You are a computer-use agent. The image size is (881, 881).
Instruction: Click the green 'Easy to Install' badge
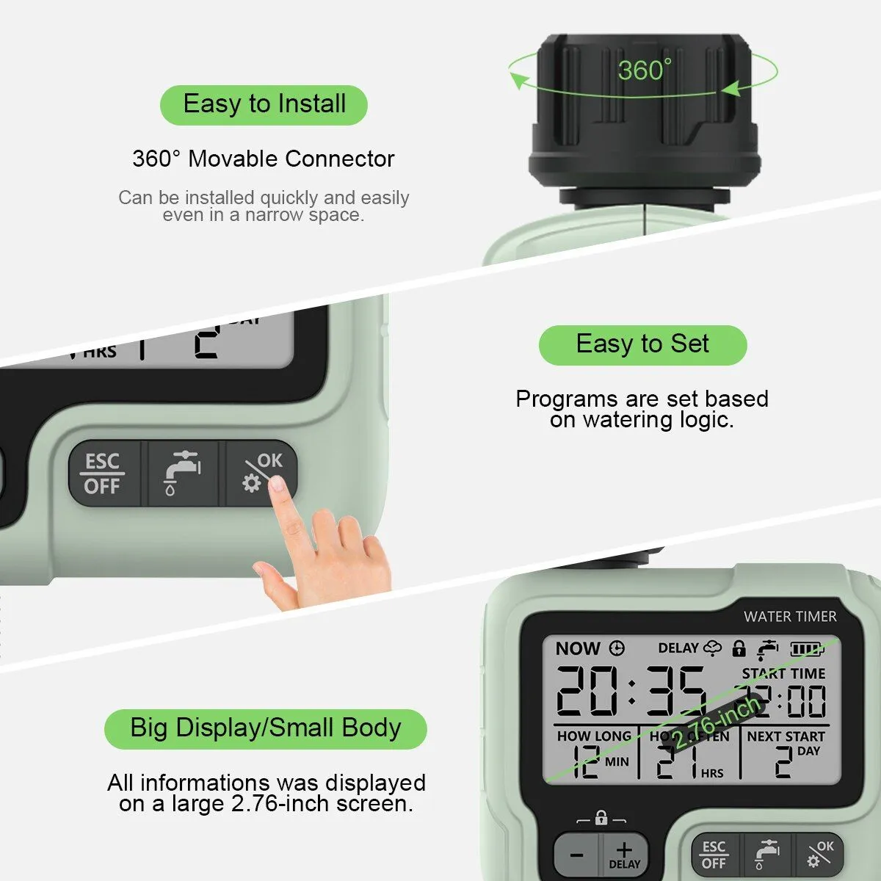click(264, 104)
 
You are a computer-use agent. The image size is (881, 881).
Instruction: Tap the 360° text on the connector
click(644, 70)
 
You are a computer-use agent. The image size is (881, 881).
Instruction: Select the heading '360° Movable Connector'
click(263, 159)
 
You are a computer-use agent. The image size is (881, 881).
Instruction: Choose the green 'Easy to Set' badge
click(642, 344)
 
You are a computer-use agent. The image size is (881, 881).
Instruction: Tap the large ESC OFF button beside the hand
click(103, 474)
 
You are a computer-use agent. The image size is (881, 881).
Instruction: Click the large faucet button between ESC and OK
click(182, 474)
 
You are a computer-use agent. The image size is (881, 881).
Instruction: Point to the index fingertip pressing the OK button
click(278, 484)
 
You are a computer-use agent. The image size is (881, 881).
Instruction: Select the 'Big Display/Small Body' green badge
click(265, 728)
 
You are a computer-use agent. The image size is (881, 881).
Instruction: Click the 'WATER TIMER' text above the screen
click(790, 617)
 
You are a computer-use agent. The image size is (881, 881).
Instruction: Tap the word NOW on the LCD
click(578, 648)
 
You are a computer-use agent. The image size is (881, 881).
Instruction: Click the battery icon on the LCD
click(807, 649)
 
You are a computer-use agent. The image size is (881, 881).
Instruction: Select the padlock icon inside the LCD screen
click(739, 648)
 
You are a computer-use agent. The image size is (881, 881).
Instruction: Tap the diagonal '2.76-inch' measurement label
click(716, 723)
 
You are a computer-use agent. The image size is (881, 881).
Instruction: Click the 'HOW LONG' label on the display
click(593, 736)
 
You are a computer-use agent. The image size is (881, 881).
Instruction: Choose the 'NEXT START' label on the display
click(786, 736)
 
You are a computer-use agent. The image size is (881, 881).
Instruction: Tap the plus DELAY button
click(624, 855)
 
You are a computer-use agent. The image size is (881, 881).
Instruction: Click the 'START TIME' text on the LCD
click(783, 673)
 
